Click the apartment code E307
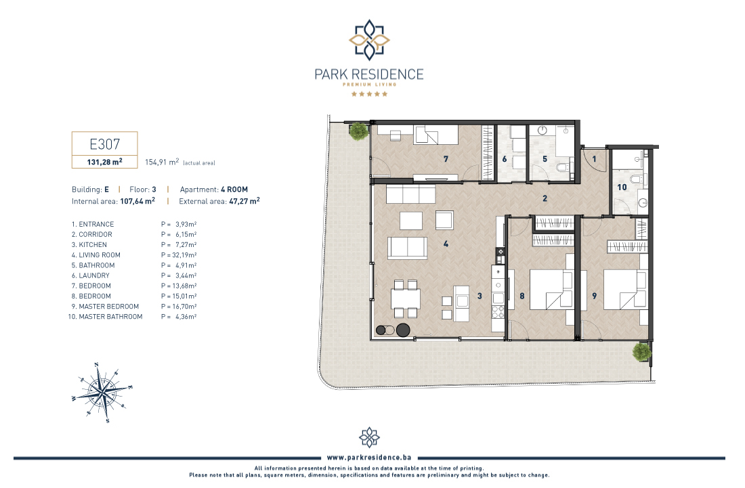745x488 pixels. (x=104, y=144)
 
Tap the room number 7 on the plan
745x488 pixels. (x=446, y=159)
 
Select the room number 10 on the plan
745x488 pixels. (x=622, y=187)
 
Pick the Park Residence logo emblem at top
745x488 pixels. (x=369, y=40)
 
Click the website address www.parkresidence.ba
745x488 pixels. (x=369, y=458)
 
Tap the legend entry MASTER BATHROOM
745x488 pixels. (x=110, y=317)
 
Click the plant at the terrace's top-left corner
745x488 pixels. (x=358, y=131)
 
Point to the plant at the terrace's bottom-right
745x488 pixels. (x=641, y=352)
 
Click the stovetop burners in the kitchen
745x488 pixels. (x=498, y=311)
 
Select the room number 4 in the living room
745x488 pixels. (x=446, y=244)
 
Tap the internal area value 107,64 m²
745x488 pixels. (x=137, y=201)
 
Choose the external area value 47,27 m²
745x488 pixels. (x=244, y=201)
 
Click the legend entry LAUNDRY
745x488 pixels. (x=94, y=275)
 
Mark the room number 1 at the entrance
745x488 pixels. (x=594, y=159)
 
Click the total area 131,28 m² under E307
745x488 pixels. (x=104, y=162)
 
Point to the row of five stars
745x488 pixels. (x=369, y=94)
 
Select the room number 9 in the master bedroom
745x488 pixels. (x=595, y=296)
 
